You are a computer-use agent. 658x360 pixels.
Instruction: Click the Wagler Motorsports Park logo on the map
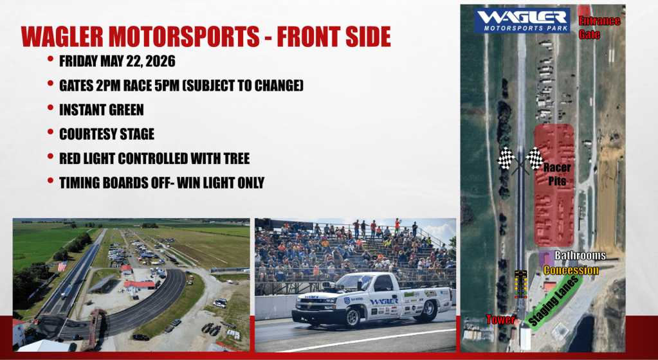pyautogui.click(x=522, y=21)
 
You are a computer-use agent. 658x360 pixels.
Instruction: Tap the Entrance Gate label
pyautogui.click(x=599, y=27)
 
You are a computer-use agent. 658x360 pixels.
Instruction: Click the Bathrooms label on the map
pyautogui.click(x=580, y=255)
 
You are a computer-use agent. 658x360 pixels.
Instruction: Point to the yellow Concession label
pyautogui.click(x=571, y=270)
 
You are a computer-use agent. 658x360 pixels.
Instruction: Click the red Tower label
pyautogui.click(x=500, y=319)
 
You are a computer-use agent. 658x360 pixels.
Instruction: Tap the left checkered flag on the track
pyautogui.click(x=506, y=158)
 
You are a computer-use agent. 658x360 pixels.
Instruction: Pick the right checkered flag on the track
pyautogui.click(x=535, y=158)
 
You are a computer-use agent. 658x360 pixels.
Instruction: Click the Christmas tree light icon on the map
pyautogui.click(x=520, y=285)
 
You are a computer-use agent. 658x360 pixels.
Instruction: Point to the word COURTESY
pyautogui.click(x=84, y=134)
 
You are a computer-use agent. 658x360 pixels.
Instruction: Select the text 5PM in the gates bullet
pyautogui.click(x=170, y=85)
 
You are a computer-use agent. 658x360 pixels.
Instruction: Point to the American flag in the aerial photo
pyautogui.click(x=62, y=266)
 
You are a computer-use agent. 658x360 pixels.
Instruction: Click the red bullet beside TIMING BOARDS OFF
pyautogui.click(x=50, y=181)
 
